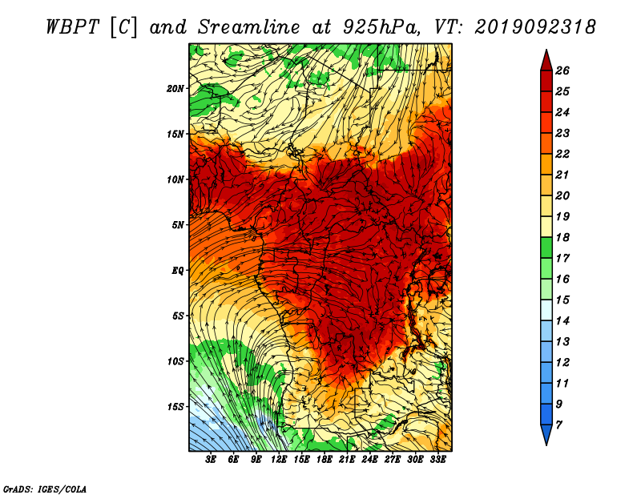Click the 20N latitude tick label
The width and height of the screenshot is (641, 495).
tap(175, 89)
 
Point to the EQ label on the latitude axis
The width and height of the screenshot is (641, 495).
tap(178, 271)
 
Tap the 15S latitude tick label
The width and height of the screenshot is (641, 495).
tap(175, 407)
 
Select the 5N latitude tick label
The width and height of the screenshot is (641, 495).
tap(178, 225)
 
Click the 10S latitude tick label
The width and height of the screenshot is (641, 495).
tap(175, 361)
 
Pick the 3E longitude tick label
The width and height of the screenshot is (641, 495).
tap(211, 460)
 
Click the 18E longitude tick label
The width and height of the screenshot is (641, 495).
tap(325, 460)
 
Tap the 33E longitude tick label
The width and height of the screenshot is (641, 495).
tap(437, 460)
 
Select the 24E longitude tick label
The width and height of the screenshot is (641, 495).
tap(369, 460)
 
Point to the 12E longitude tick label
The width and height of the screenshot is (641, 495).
tap(279, 460)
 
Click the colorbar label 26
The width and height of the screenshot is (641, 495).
tap(562, 70)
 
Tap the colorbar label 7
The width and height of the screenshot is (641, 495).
tap(558, 425)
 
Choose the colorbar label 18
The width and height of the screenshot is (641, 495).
tap(562, 237)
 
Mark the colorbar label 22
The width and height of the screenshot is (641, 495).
tap(562, 154)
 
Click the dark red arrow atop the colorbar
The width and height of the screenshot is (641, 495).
tap(546, 62)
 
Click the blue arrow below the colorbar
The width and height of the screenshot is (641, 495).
tap(546, 434)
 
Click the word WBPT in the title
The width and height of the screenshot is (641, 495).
tap(73, 27)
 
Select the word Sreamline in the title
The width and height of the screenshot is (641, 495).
tap(248, 27)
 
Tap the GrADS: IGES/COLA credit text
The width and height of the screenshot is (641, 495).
tap(45, 489)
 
